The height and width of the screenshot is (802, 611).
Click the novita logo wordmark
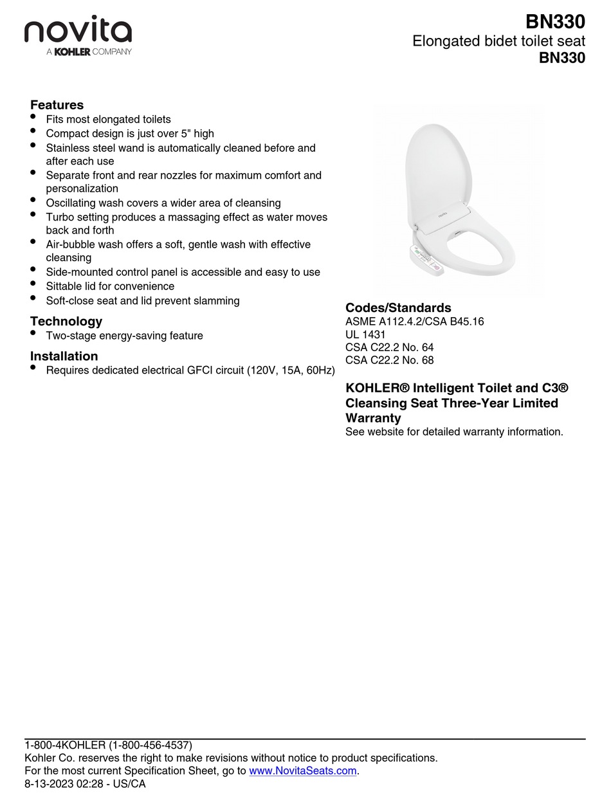(78, 30)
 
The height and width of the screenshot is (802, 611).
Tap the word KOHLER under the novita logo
(72, 52)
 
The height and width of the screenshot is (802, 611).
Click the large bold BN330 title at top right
(555, 22)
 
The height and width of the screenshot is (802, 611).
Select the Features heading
(57, 105)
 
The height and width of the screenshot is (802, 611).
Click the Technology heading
(66, 321)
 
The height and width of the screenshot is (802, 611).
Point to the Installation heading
(64, 356)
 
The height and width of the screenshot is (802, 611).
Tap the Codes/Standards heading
(398, 307)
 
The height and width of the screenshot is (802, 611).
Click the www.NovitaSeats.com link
(302, 770)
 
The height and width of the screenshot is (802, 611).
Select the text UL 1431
(365, 334)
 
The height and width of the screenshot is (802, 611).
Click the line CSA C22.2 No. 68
(389, 360)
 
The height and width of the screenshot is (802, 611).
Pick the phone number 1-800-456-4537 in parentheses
(150, 745)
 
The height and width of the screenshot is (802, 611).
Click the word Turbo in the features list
(60, 217)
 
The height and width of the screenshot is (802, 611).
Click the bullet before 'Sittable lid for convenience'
(33, 284)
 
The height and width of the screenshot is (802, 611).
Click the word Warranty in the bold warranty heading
(373, 418)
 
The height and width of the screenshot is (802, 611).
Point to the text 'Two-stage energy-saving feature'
(124, 336)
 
